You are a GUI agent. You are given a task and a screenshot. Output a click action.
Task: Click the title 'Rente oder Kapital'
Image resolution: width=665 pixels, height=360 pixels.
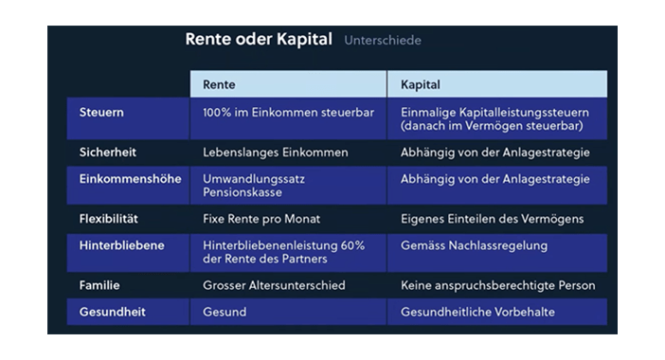259,40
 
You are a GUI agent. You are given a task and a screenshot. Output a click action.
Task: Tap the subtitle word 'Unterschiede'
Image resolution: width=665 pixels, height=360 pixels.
383,41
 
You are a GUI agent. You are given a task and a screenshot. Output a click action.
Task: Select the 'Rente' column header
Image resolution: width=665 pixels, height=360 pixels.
219,84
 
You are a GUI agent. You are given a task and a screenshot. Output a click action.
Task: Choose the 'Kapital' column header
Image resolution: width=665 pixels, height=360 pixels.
421,84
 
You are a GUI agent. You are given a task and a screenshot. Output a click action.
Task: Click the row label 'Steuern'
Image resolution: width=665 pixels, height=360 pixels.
101,113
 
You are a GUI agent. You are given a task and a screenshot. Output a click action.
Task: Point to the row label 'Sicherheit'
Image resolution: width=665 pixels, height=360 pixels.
108,153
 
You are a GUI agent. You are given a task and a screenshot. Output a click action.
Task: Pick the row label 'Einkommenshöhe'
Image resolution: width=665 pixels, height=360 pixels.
130,179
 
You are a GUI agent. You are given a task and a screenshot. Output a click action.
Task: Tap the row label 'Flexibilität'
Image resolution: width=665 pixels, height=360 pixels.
109,219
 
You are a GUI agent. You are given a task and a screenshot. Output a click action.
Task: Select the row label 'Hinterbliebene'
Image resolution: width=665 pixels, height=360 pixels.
121,245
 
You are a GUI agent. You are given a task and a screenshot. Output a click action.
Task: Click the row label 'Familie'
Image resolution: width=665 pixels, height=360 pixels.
99,285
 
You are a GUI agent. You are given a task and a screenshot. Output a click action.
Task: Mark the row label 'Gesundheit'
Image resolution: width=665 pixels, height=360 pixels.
113,312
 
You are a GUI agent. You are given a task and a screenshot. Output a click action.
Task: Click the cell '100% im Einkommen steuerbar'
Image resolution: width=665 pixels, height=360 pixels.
288,113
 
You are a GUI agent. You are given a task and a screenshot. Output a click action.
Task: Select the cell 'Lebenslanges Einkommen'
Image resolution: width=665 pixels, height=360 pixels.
276,153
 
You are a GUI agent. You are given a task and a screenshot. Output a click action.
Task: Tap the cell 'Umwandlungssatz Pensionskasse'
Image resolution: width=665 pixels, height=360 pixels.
254,186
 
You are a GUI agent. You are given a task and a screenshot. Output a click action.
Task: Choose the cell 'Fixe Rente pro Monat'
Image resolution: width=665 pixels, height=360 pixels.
261,219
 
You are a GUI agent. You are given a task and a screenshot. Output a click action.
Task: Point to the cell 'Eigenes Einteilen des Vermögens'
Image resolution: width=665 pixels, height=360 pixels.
492,219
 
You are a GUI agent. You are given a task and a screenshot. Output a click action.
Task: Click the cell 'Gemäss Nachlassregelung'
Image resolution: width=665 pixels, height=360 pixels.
475,245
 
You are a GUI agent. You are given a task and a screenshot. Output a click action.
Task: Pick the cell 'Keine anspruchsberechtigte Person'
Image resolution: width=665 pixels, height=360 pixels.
498,285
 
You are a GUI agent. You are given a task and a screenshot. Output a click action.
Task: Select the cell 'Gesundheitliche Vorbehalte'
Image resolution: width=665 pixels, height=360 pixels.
477,312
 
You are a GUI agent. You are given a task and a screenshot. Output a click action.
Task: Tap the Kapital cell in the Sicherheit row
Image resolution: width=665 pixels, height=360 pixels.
494,153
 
